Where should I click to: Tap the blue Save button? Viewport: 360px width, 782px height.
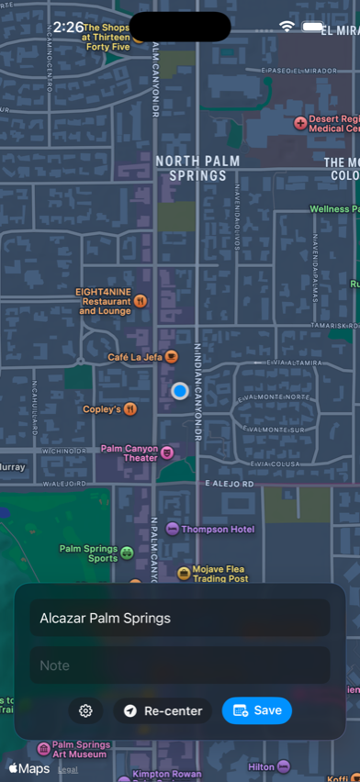point(257,710)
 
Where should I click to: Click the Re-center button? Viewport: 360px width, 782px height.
point(163,710)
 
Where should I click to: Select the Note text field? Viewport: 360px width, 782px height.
point(180,665)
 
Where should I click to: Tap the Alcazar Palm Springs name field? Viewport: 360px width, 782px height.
point(180,619)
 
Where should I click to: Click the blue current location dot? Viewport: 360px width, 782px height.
point(180,391)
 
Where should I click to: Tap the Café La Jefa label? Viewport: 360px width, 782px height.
point(135,357)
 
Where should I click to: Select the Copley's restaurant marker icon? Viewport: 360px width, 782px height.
point(131,409)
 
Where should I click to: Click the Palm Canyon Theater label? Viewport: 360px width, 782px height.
point(129,452)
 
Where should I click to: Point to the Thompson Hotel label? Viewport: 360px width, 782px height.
point(217,529)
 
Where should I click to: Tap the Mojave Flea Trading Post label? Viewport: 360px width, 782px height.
point(220,574)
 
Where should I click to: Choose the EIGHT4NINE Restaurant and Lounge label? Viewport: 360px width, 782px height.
point(104,301)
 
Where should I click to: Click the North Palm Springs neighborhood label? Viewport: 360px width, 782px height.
point(197,168)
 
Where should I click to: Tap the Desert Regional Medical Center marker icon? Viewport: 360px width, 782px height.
point(300,123)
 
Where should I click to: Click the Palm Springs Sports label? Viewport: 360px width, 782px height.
point(89,553)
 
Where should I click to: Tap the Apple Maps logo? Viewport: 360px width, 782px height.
point(29,768)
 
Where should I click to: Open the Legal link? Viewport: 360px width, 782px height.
point(68,769)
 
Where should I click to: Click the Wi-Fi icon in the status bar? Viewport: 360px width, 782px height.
point(287,27)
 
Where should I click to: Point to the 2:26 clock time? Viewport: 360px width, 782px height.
point(68,28)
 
